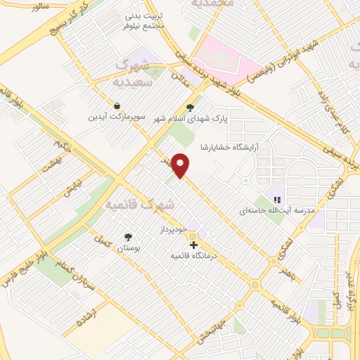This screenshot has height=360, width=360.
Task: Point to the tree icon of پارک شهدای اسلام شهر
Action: (189, 108)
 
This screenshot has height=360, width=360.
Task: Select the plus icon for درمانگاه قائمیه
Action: (194, 245)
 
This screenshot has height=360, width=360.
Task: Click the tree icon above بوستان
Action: (128, 237)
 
